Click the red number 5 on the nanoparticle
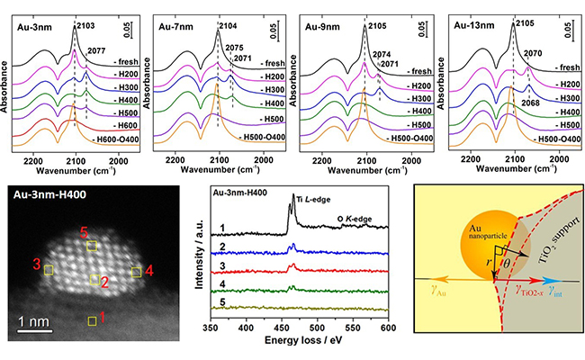pyautogui.click(x=84, y=231)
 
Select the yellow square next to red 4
pyautogui.click(x=136, y=271)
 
